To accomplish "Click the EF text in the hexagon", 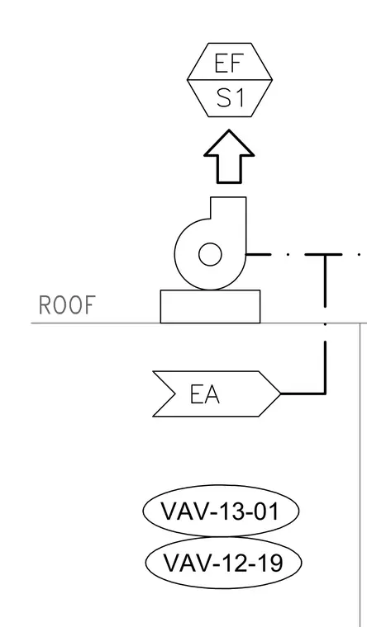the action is coord(229,64).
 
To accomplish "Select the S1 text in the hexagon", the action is coord(230,98).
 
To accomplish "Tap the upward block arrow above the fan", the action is coord(229,157).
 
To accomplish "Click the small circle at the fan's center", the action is coord(210,254).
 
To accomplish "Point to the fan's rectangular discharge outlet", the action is coord(228,208).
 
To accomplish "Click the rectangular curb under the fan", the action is coord(210,306).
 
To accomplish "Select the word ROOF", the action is coord(67,305).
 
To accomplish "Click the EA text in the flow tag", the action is coord(205,394).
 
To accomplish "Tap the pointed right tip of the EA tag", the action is coord(280,394).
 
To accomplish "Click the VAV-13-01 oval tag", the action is coord(221,511).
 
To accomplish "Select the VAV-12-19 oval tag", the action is coord(223,563).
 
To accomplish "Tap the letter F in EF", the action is coord(236,64).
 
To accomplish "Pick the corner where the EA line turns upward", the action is coord(325,394).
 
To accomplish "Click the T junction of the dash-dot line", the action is coord(325,254).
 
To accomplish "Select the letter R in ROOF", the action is coord(45,305).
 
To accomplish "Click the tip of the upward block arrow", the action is coord(229,130).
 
